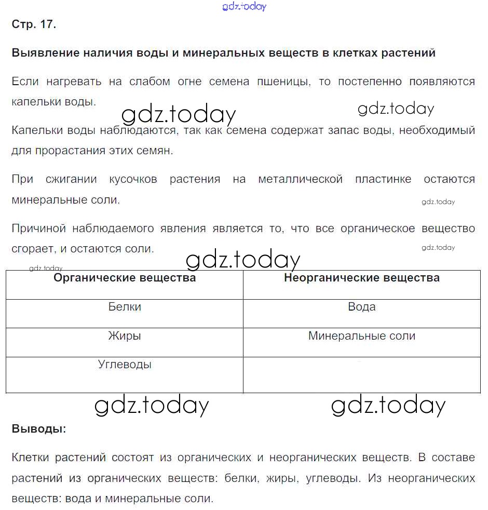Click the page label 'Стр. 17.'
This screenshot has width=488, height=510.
pos(33,24)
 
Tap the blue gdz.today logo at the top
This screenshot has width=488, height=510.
pos(244,7)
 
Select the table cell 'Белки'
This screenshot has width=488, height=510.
pos(125,307)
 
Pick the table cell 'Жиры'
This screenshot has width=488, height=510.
pos(125,336)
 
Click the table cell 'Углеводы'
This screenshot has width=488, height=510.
pos(125,365)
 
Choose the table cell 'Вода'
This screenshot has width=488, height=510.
pos(362,307)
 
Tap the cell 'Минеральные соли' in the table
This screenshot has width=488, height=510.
pos(362,336)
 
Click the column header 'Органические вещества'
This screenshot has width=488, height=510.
pos(125,278)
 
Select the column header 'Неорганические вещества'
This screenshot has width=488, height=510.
pos(362,278)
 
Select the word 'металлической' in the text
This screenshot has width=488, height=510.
pos(301,179)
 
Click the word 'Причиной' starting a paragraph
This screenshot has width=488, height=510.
pos(39,229)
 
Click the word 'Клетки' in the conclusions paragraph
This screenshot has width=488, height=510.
pos(30,458)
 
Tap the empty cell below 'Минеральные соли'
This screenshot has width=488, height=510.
pos(362,374)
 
